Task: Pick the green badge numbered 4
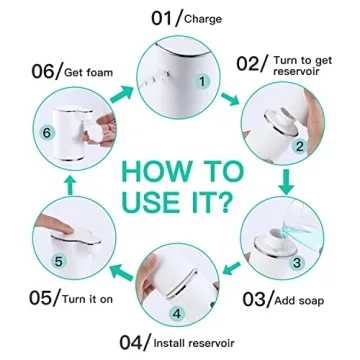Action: pos(176,311)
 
